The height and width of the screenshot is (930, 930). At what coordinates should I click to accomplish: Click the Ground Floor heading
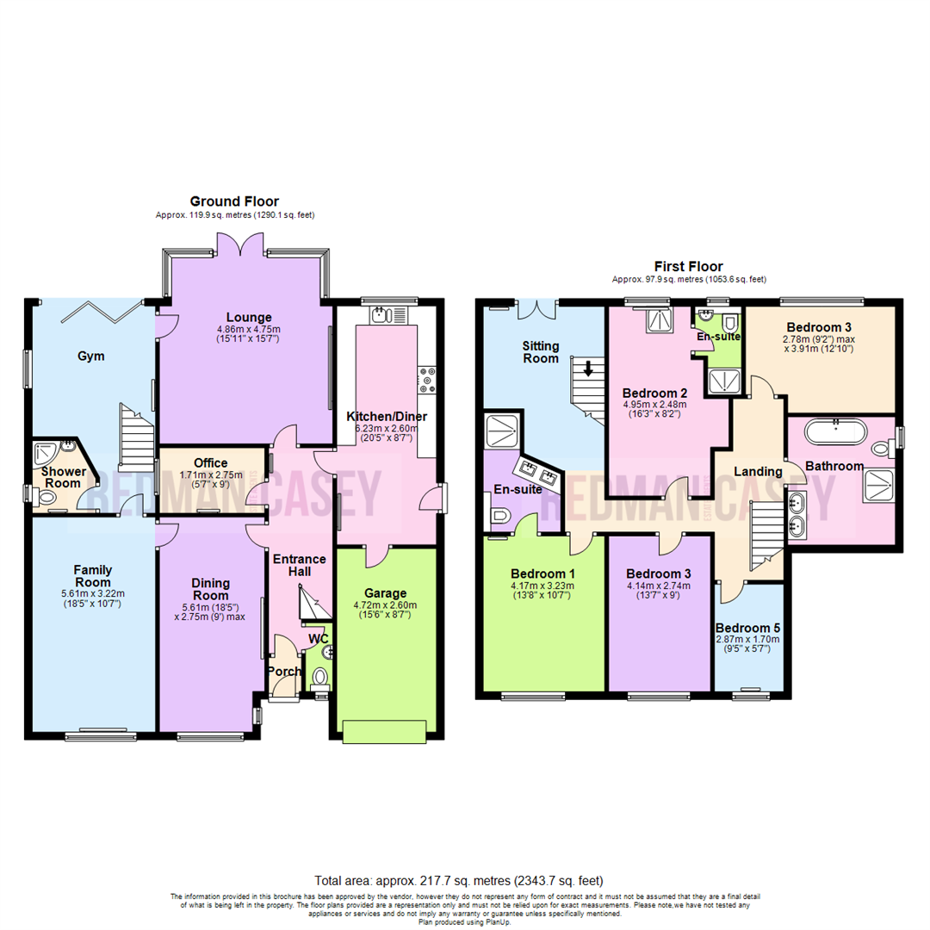pyautogui.click(x=234, y=201)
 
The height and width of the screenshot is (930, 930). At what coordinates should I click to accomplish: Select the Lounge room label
pyautogui.click(x=249, y=317)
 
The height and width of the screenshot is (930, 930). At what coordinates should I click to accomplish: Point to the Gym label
pyautogui.click(x=90, y=356)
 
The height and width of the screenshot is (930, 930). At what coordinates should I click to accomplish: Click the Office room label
pyautogui.click(x=210, y=462)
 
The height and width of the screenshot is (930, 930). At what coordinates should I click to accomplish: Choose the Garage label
pyautogui.click(x=384, y=593)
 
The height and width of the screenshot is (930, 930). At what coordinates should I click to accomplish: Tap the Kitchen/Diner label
pyautogui.click(x=387, y=416)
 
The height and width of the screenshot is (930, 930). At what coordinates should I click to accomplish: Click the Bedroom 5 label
pyautogui.click(x=748, y=627)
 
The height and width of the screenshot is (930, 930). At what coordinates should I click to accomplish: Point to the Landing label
pyautogui.click(x=758, y=471)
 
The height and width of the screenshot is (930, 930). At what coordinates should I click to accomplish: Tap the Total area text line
pyautogui.click(x=459, y=881)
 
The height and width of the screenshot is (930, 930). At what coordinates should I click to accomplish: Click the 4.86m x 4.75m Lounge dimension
pyautogui.click(x=249, y=329)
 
